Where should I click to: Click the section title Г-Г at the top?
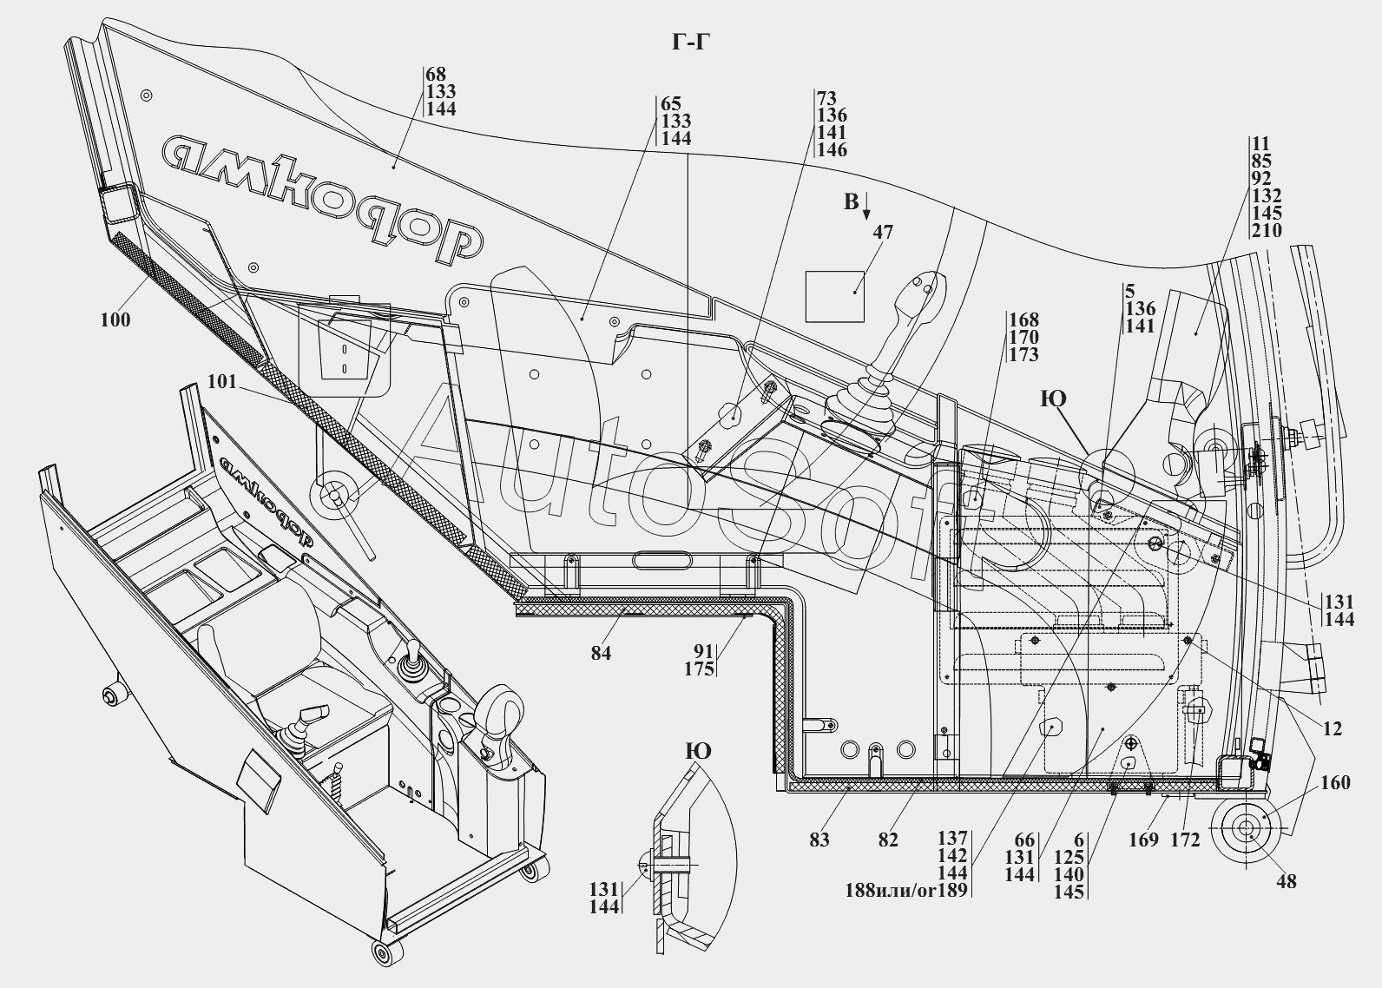(x=691, y=42)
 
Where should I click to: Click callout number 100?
(x=115, y=319)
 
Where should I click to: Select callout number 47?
(x=883, y=233)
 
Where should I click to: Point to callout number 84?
(x=601, y=653)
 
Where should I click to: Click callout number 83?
(x=819, y=839)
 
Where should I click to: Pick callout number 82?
(x=887, y=839)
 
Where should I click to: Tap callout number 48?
(x=1286, y=880)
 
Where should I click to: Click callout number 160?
(x=1335, y=782)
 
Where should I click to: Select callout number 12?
(x=1332, y=729)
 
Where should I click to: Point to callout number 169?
(x=1144, y=839)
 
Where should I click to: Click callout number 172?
(x=1185, y=839)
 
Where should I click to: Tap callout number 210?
(x=1267, y=230)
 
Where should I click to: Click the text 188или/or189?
(x=906, y=890)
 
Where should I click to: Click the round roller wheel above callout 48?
(x=1247, y=829)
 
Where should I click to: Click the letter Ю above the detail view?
(x=698, y=751)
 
